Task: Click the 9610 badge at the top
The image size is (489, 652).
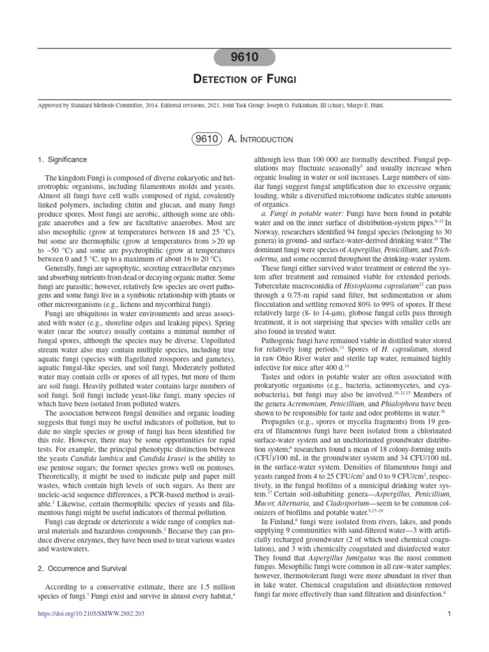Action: pyautogui.click(x=244, y=58)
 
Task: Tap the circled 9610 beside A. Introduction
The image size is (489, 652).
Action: pyautogui.click(x=204, y=139)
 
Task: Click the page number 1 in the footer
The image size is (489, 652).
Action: pyautogui.click(x=449, y=613)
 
